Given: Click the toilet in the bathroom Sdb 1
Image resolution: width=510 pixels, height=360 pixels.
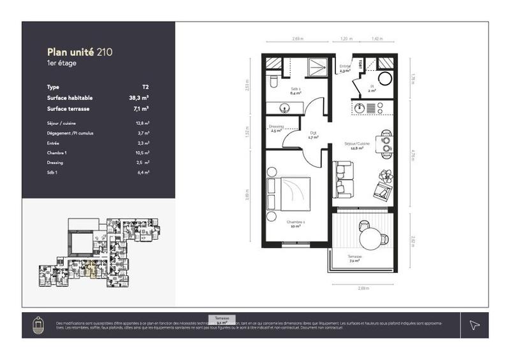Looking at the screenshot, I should pyautogui.click(x=273, y=82).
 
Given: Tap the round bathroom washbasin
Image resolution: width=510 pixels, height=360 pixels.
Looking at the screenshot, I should pyautogui.click(x=386, y=80).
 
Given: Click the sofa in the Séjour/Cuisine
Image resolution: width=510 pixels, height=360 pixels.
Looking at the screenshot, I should pyautogui.click(x=343, y=179).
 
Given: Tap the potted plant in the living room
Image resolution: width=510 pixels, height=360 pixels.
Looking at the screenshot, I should pyautogui.click(x=386, y=175).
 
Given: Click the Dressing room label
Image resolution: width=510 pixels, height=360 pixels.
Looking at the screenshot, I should pyautogui.click(x=277, y=127).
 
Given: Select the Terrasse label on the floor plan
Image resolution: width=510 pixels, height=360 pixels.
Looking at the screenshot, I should pyautogui.click(x=355, y=257).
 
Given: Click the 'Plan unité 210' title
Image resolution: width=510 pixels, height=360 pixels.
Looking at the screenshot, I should pyautogui.click(x=80, y=51).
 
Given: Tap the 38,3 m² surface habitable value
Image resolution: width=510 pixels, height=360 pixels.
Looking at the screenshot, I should pyautogui.click(x=138, y=98).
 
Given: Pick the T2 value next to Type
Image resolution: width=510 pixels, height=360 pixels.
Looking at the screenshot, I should pyautogui.click(x=145, y=86).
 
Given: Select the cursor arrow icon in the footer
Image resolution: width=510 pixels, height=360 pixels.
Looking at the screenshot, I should pyautogui.click(x=474, y=325).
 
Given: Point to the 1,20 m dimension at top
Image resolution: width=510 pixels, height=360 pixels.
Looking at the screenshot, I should pyautogui.click(x=346, y=40).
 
